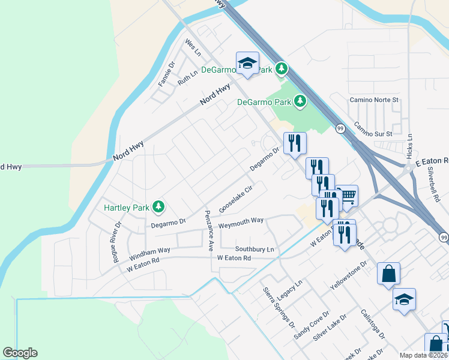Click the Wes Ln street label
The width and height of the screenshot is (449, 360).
click(192, 47)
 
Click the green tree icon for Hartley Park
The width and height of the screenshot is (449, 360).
click(158, 207)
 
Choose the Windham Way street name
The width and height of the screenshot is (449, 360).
click(149, 253)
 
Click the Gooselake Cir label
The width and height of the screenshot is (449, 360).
click(235, 197)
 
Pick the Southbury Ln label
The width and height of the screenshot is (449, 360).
click(255, 249)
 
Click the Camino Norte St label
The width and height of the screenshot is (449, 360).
click(375, 99)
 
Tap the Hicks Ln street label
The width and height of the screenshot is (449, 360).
click(409, 146)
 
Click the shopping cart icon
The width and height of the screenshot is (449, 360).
click(347, 196)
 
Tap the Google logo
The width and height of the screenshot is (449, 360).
click(20, 353)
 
